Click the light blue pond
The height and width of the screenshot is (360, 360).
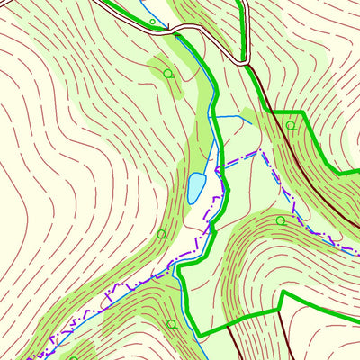click(x=195, y=186)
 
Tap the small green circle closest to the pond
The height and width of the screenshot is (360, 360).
click(x=161, y=234)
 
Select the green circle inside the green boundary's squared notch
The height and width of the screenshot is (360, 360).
click(x=291, y=126)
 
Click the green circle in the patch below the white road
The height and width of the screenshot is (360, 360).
click(x=167, y=73)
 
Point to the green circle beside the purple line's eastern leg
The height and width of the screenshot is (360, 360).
click(x=280, y=220)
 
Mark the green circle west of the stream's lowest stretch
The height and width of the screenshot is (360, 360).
click(x=171, y=323)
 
